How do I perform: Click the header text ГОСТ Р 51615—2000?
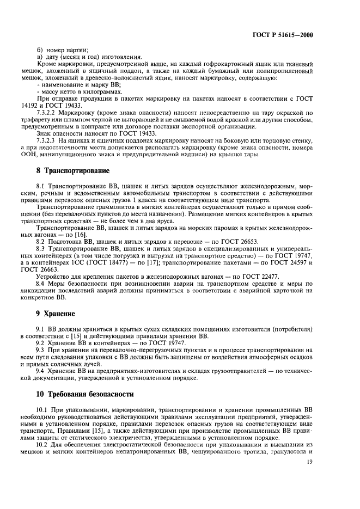[290, 35]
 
